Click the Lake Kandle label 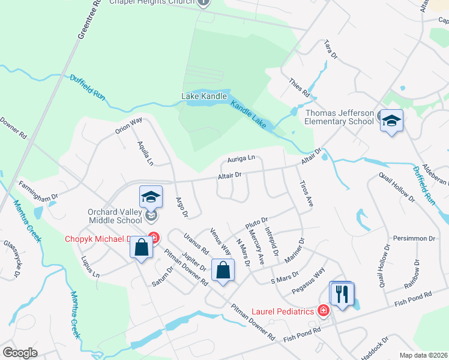click(204, 96)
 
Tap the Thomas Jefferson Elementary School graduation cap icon click(391, 121)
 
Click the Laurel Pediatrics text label click(283, 311)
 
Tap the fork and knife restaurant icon click(342, 294)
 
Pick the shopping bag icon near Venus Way click(223, 270)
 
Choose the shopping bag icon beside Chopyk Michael click(141, 247)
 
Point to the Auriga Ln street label click(242, 159)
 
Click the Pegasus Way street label click(307, 280)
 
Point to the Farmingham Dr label click(37, 187)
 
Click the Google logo click(20, 353)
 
